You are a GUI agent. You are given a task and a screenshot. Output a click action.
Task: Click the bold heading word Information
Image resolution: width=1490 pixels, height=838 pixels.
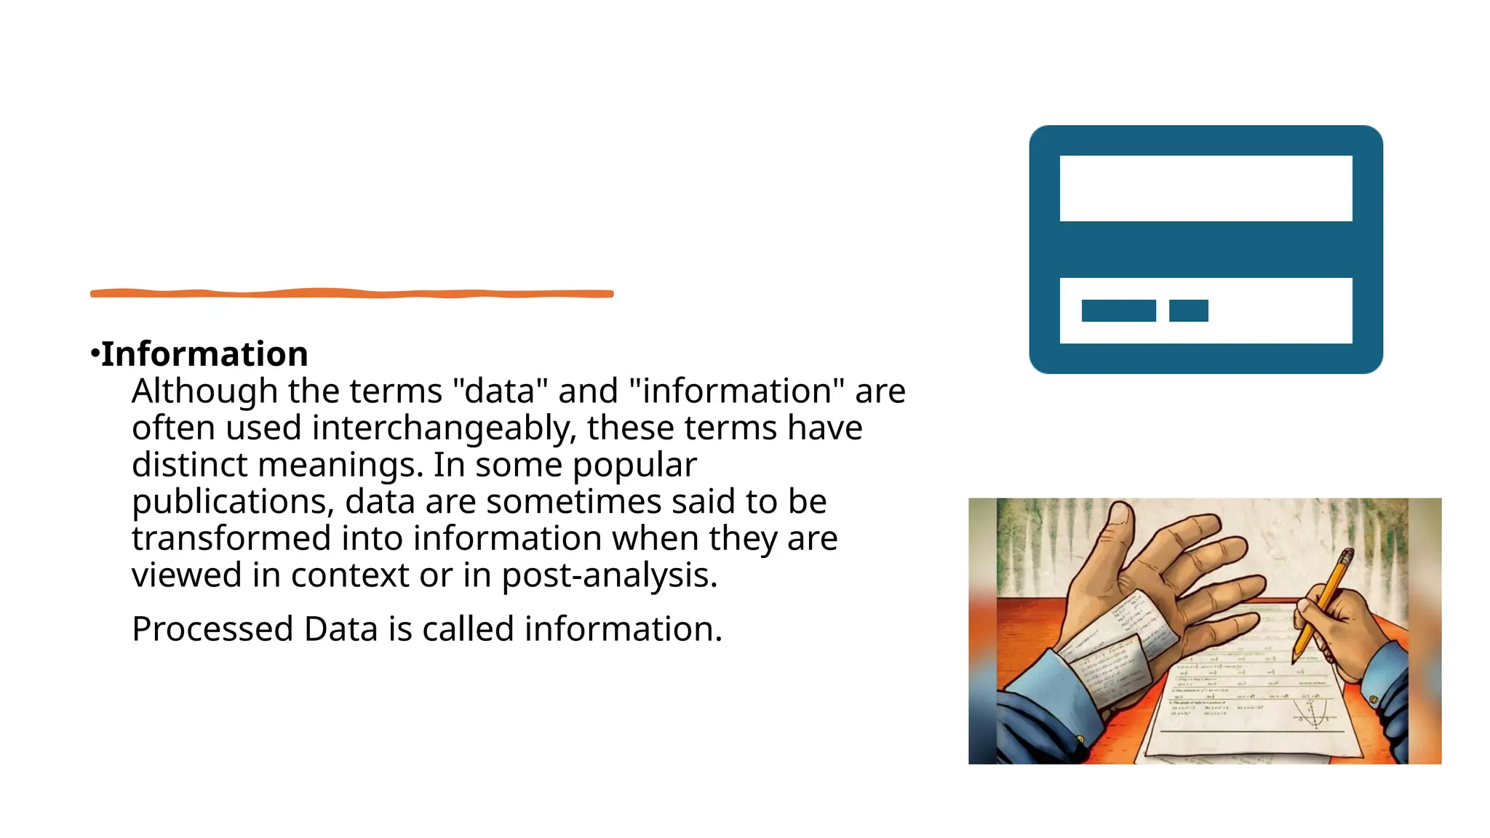(204, 354)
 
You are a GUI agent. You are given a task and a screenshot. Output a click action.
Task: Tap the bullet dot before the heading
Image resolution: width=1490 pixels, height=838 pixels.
(95, 354)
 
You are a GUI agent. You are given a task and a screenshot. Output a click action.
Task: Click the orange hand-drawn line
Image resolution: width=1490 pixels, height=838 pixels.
(351, 293)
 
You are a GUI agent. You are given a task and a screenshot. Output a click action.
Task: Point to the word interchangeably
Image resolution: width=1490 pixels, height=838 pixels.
(443, 428)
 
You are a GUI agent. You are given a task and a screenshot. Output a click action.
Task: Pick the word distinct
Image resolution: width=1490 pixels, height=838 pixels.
(189, 465)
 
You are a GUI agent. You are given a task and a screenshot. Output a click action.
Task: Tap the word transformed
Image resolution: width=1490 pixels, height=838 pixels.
(231, 538)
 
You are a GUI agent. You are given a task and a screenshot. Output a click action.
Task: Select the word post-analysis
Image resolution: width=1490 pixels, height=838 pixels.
(609, 575)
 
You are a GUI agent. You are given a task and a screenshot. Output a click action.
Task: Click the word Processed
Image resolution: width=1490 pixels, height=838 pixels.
(212, 629)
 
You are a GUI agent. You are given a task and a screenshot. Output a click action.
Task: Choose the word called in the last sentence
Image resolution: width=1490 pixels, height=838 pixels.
(468, 629)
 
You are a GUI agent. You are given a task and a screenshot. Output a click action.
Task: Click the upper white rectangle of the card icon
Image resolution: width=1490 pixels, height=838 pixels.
(1206, 188)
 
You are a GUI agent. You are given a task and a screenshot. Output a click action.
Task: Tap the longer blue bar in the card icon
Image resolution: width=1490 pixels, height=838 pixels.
(1118, 311)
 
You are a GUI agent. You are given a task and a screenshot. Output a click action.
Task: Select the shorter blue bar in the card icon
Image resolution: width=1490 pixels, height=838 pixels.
(1188, 311)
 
